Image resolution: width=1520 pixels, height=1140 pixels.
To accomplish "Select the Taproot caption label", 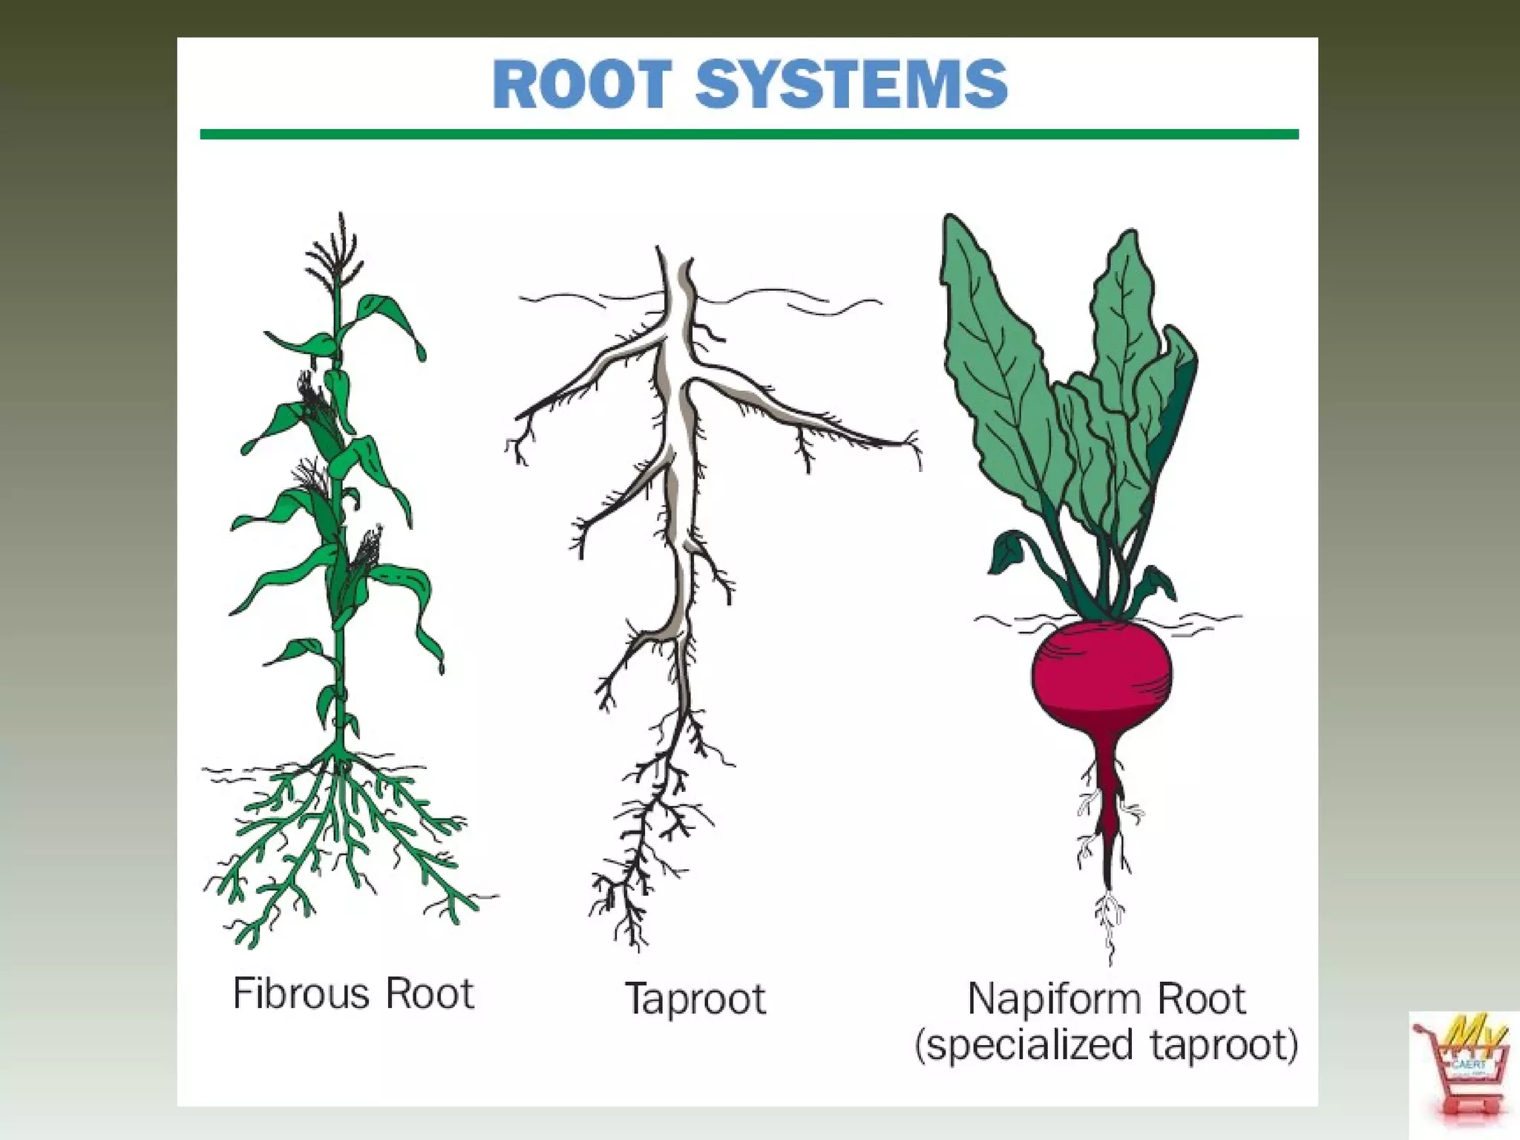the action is pos(695,998).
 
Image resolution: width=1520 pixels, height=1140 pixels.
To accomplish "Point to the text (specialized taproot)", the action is pos(1107,1045).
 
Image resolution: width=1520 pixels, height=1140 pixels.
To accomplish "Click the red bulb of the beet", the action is pos(1102,675).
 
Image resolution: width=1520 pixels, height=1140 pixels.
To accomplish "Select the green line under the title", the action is pos(750,134).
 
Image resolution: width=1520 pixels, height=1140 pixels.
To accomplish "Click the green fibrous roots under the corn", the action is pos(341,839).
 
